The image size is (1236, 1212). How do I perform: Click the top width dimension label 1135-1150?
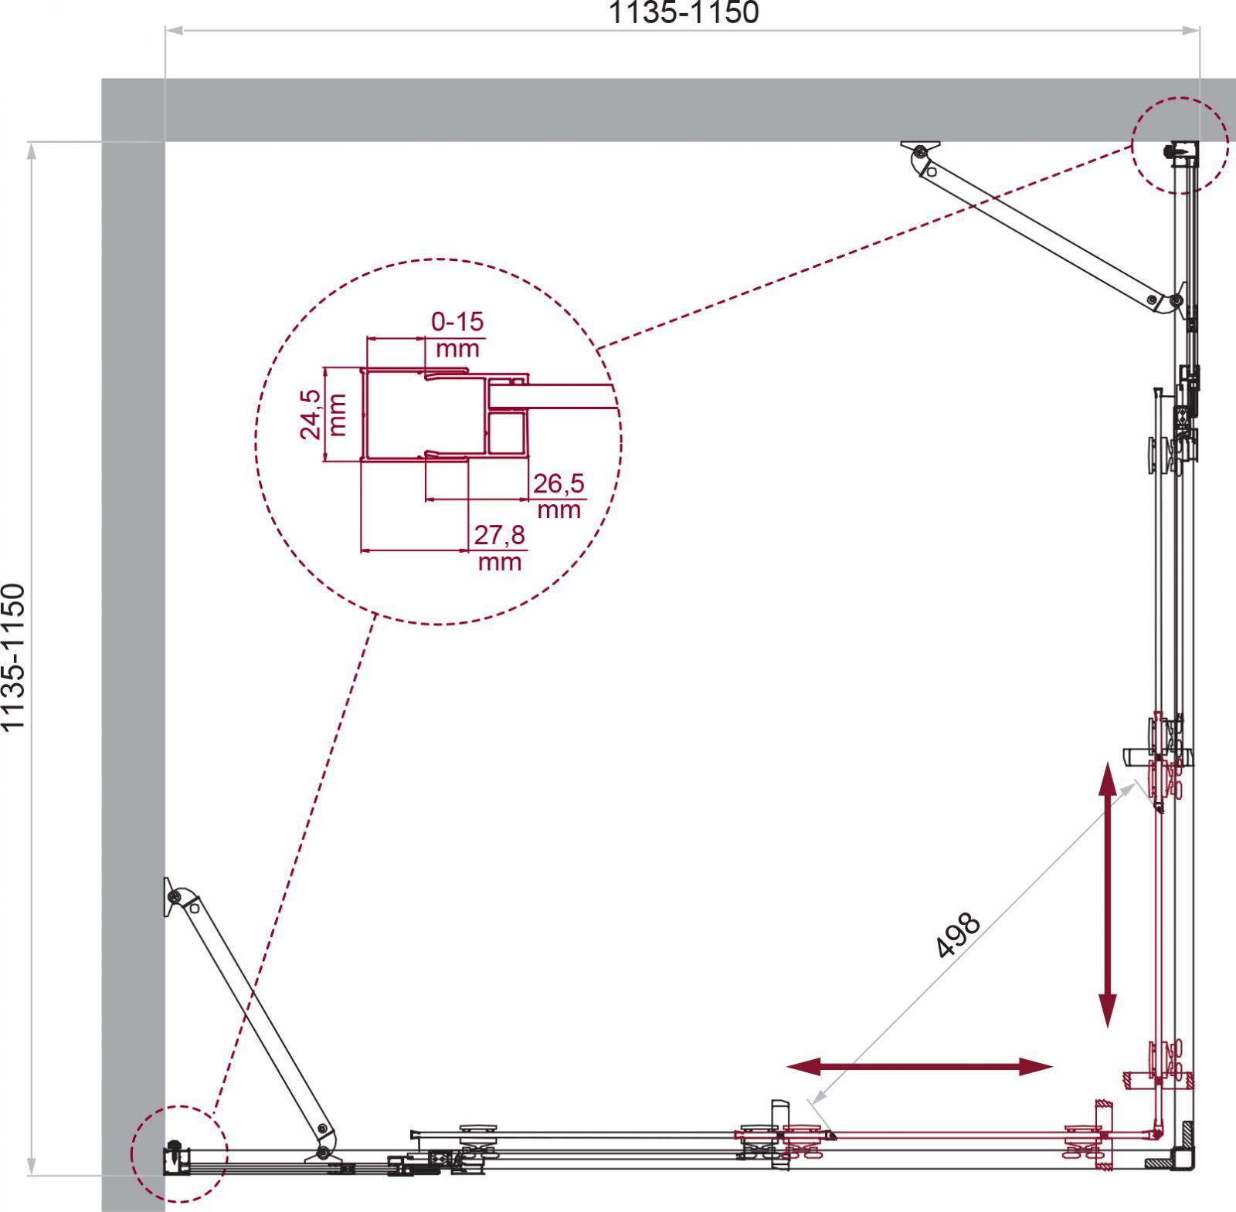(684, 12)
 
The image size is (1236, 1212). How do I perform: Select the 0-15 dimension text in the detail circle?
(457, 321)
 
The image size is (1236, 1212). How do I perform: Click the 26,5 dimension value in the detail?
(559, 485)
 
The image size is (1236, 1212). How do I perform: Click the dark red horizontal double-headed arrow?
(920, 1068)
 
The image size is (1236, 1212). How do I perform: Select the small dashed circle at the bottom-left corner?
(179, 1155)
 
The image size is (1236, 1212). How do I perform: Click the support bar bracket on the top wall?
(922, 150)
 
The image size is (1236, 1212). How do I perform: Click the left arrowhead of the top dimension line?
(174, 31)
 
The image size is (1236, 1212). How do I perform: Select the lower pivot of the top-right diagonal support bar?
(1175, 300)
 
